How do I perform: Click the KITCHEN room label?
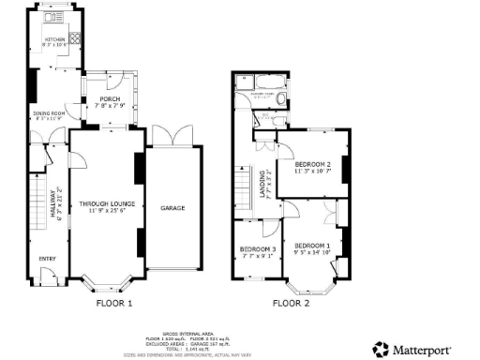point(53,38)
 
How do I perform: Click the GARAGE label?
point(171,207)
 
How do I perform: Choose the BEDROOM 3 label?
point(254,248)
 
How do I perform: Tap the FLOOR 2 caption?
point(292,304)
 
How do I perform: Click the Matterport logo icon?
point(380,348)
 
